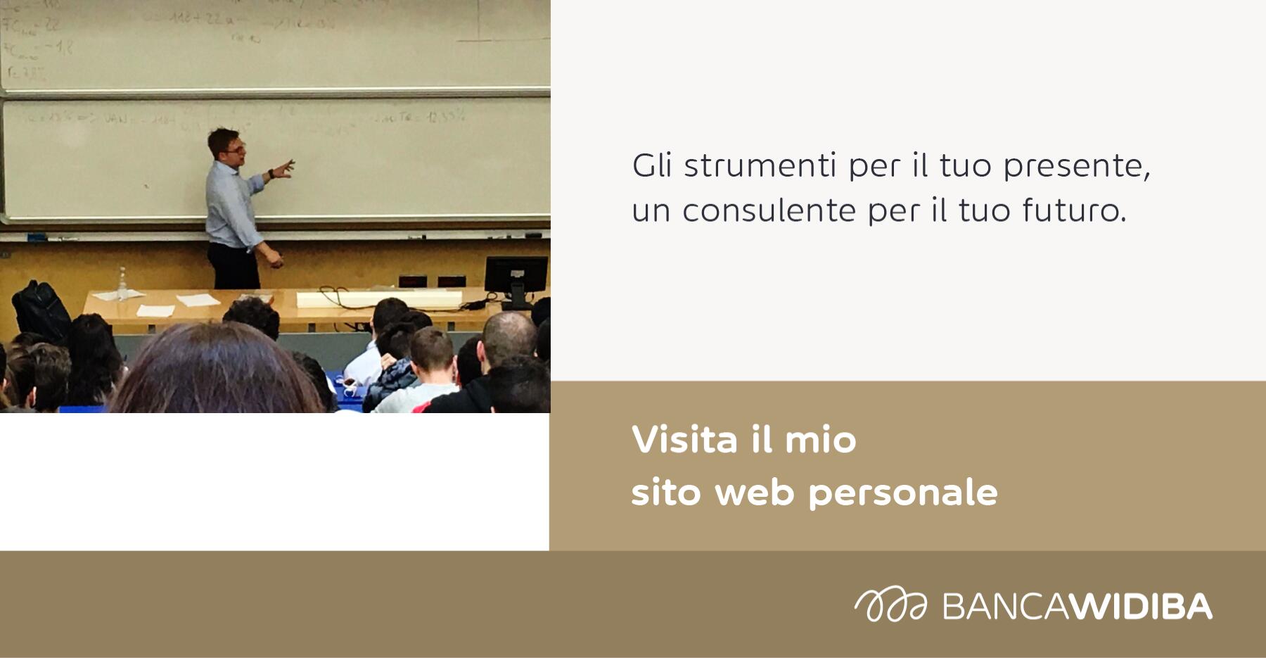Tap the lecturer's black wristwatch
271,173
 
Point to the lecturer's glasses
236,149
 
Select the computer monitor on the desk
516,276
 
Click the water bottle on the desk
122,283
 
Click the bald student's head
509,336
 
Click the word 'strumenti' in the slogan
760,166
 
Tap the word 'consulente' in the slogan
769,210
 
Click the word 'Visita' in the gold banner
685,440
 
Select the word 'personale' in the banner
903,493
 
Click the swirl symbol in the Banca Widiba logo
890,605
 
